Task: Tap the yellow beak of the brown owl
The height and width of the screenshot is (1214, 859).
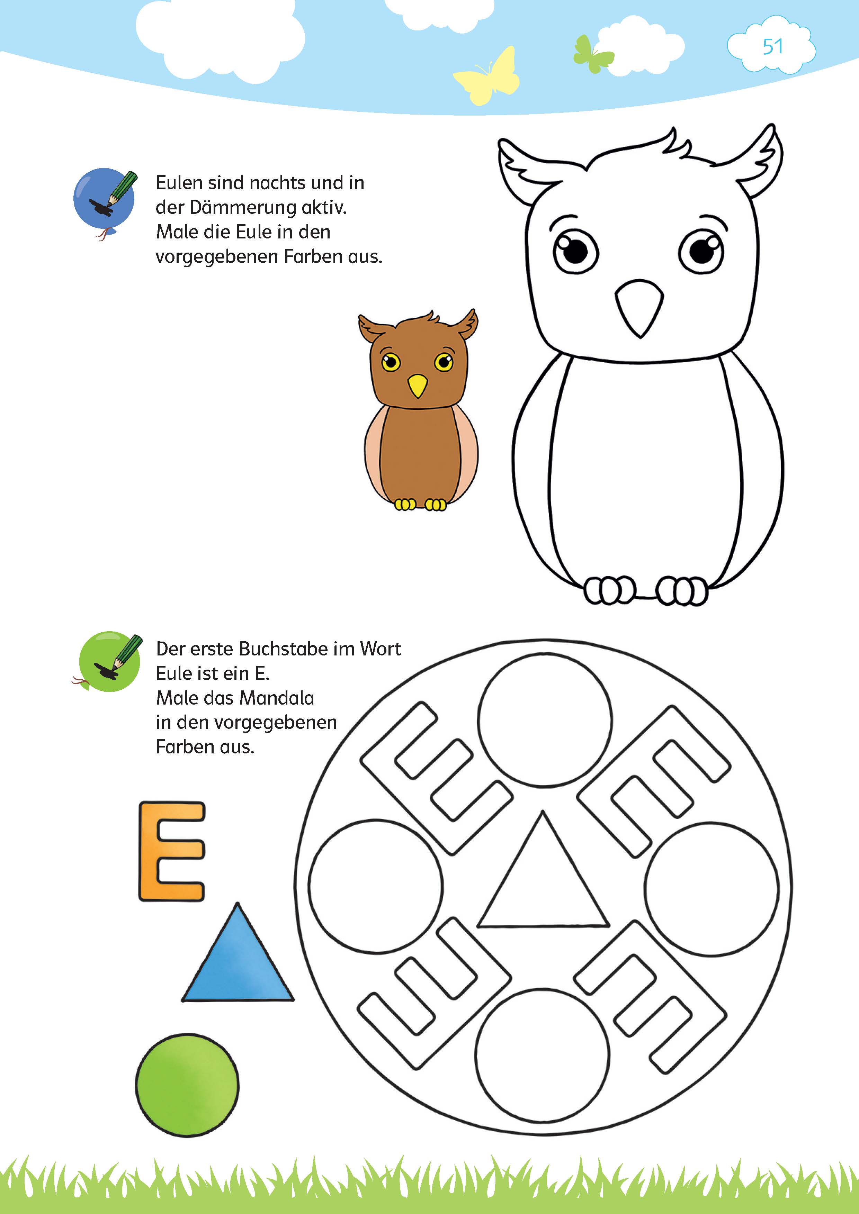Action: pos(417,385)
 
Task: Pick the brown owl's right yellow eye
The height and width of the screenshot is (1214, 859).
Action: pos(443,362)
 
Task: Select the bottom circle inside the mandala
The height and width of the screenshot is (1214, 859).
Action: pos(542,1056)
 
